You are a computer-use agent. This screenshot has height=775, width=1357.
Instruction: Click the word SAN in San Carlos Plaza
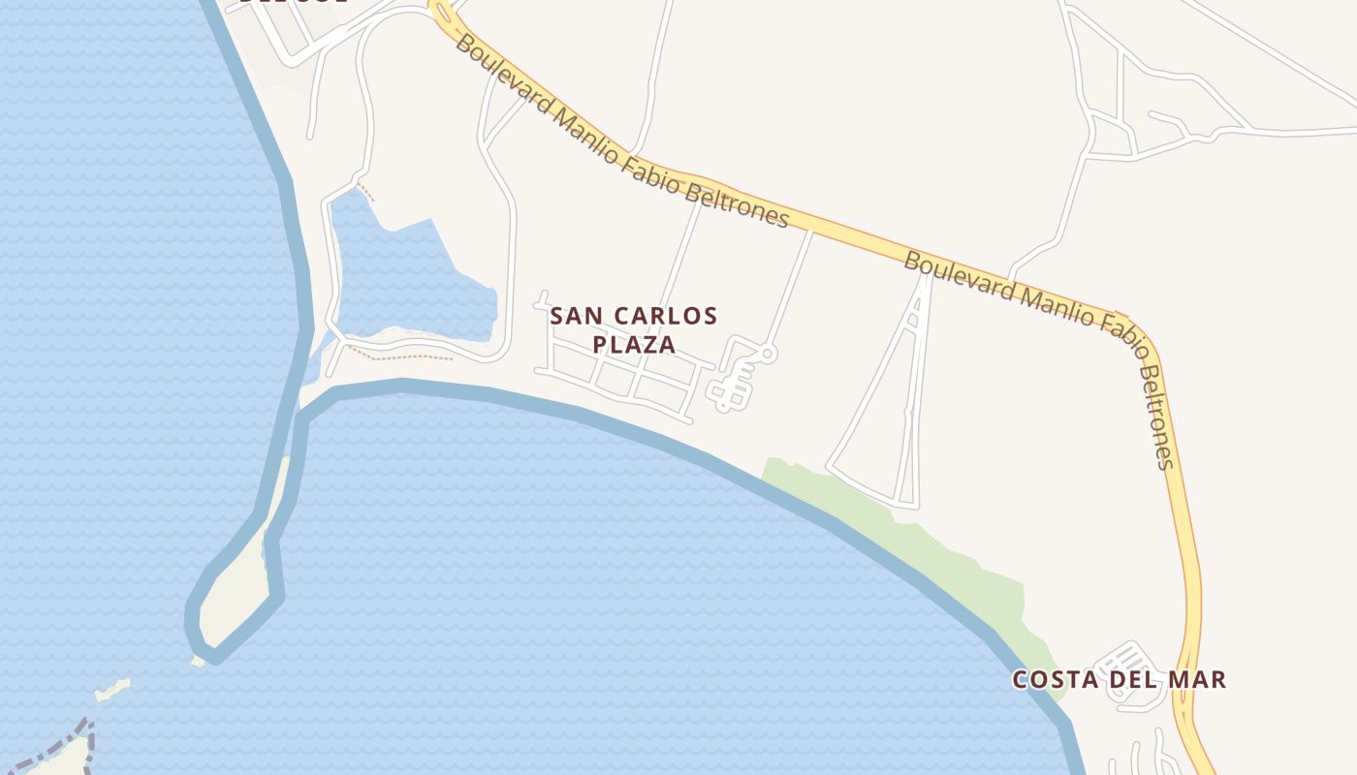[x=570, y=316]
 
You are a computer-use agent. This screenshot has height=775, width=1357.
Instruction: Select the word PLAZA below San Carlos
[x=634, y=344]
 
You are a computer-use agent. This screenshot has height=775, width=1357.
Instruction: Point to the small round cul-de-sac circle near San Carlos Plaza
[x=768, y=355]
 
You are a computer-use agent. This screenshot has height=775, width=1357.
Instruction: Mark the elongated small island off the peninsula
[x=111, y=691]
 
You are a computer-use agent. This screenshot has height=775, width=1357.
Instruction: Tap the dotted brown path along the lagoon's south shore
[x=407, y=355]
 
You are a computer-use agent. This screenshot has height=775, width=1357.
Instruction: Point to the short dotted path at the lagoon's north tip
[x=364, y=192]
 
